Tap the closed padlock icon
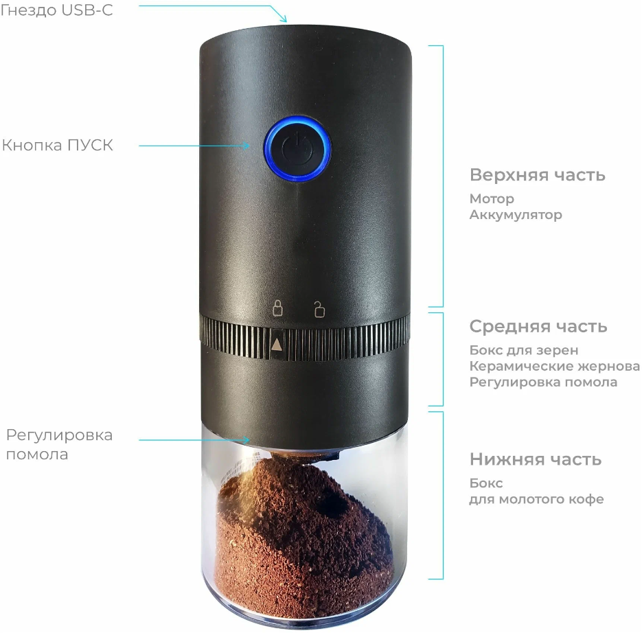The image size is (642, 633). [277, 308]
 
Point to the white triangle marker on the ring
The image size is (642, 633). [277, 344]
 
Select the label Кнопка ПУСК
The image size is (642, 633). [58, 146]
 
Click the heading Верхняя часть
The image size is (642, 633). [537, 175]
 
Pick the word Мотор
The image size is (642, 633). [492, 199]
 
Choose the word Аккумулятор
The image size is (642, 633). [516, 215]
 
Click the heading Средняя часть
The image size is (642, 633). [538, 326]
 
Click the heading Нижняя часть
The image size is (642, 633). [536, 459]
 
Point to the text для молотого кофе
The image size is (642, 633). [536, 499]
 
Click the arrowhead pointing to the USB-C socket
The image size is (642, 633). [284, 19]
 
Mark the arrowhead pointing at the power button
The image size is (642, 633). [248, 146]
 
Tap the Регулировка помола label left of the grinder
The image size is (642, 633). [59, 444]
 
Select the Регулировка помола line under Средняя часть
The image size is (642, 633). [543, 382]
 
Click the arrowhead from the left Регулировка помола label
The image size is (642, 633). [248, 438]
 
